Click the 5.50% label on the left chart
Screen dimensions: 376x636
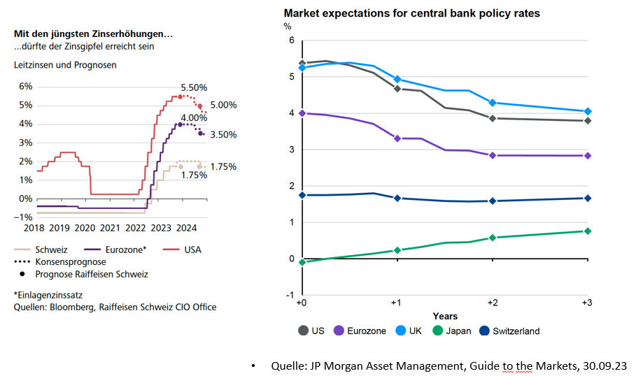coord(195,88)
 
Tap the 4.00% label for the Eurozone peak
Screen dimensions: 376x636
coord(194,117)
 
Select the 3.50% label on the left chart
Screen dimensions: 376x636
coord(224,135)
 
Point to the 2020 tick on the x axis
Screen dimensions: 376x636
coord(84,227)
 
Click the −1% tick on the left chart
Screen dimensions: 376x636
coord(24,217)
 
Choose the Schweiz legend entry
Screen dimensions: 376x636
coord(50,250)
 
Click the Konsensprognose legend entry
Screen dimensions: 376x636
coord(67,261)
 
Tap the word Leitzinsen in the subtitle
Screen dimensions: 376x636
coord(35,65)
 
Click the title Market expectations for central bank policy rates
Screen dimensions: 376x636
coord(411,13)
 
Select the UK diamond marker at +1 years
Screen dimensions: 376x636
coord(397,79)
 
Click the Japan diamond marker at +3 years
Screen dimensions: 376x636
coord(588,231)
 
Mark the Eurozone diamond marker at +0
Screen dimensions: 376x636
coord(302,113)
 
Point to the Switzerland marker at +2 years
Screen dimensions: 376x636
coord(493,201)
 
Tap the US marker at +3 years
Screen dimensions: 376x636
coord(588,121)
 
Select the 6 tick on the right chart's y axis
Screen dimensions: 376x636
coord(290,41)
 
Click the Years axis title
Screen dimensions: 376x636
coord(445,317)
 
